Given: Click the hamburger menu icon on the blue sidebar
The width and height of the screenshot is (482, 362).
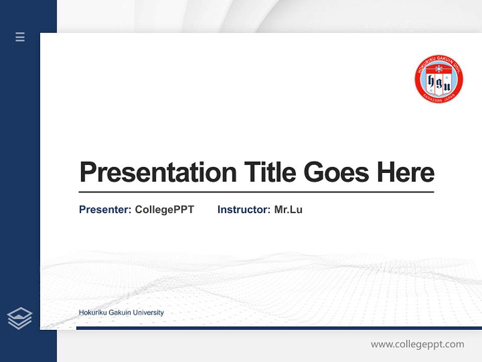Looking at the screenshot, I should click(20, 37).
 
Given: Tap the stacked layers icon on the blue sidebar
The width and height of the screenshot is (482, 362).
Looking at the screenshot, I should click(20, 318).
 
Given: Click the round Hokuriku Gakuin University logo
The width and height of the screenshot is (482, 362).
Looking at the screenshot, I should click(438, 79).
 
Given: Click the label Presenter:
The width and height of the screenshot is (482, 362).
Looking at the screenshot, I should click(105, 210).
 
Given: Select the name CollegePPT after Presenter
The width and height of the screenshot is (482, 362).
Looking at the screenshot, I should click(164, 210).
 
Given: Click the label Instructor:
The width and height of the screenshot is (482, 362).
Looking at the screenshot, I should click(244, 210).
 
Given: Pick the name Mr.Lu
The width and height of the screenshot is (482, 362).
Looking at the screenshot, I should click(288, 210).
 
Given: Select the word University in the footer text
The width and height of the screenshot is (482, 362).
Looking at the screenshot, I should click(150, 312).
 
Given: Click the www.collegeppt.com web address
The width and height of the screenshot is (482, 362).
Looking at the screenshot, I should click(417, 344).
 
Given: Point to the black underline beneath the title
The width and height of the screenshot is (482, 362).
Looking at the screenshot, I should click(256, 192).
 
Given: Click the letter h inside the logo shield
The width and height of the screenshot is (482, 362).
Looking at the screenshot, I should click(431, 81).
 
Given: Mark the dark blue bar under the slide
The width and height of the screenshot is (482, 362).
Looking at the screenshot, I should click(279, 328).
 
